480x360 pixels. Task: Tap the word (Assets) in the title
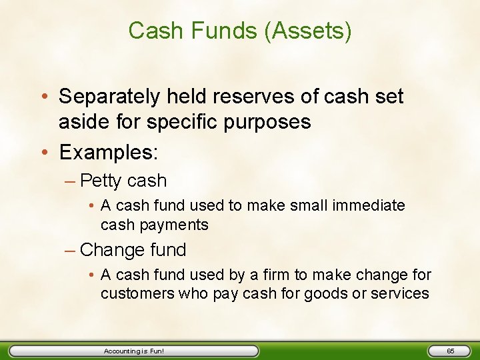tap(307, 31)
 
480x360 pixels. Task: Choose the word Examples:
tap(109, 153)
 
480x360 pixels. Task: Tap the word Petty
tap(101, 181)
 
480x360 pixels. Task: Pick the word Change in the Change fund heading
tap(112, 250)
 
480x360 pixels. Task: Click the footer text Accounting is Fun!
tap(133, 351)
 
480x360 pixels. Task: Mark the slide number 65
tap(450, 351)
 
